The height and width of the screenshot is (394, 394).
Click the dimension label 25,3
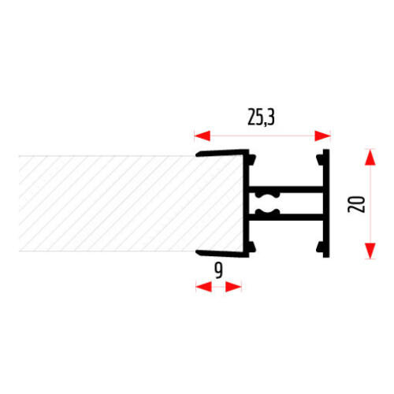click(x=261, y=117)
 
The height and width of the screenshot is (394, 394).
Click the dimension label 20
click(x=356, y=204)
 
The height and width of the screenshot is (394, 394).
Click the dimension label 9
click(x=218, y=270)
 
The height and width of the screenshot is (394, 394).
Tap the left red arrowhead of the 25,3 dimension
click(x=203, y=136)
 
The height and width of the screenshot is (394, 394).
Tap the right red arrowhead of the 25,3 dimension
click(x=322, y=136)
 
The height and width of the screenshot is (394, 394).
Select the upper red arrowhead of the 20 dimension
click(x=370, y=157)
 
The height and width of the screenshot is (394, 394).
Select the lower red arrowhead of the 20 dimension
click(x=370, y=251)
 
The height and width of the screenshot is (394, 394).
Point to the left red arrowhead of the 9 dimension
click(x=204, y=287)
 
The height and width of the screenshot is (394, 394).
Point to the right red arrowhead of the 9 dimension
click(x=233, y=287)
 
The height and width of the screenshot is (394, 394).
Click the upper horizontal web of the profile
click(x=285, y=189)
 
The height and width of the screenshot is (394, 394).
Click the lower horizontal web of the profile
click(x=285, y=217)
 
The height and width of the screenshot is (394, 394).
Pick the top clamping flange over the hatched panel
click(x=222, y=153)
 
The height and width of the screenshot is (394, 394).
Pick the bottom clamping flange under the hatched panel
click(x=222, y=254)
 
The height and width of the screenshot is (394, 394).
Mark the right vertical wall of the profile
click(x=326, y=203)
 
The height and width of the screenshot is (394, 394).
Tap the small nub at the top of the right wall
click(x=320, y=160)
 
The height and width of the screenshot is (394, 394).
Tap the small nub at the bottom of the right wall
click(x=320, y=247)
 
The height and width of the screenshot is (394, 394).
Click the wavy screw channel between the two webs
click(x=267, y=203)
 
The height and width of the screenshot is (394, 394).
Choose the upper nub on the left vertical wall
click(x=252, y=160)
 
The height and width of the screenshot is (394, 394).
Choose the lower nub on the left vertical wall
click(x=252, y=247)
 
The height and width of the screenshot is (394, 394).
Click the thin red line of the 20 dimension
click(x=370, y=204)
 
